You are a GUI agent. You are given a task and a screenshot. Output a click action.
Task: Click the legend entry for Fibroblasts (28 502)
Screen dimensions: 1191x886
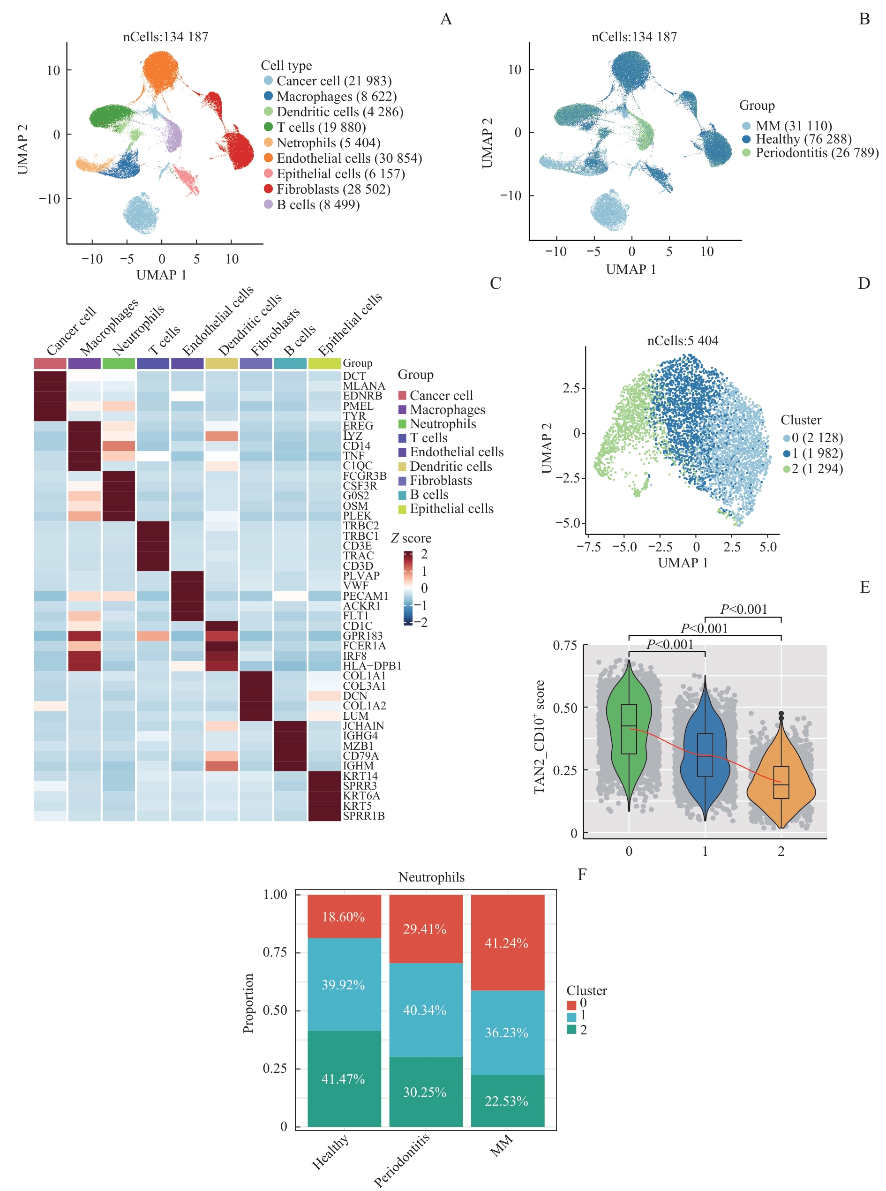pos(333,189)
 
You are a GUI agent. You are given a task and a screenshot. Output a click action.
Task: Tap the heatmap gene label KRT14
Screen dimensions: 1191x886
pos(360,776)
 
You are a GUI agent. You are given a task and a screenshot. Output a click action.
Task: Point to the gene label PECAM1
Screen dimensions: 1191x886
pos(365,595)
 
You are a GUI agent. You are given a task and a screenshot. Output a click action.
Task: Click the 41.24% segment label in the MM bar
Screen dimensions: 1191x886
pos(506,942)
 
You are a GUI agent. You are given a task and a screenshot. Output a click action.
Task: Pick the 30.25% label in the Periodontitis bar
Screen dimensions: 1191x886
pos(425,1092)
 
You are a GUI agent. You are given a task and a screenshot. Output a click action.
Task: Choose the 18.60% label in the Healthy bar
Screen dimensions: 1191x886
pos(343,916)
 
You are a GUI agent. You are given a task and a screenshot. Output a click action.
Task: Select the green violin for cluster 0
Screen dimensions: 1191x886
pos(629,730)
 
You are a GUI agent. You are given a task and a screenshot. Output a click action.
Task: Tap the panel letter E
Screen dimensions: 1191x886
pos(864,588)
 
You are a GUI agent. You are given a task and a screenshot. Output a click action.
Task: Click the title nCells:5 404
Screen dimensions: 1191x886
pos(682,341)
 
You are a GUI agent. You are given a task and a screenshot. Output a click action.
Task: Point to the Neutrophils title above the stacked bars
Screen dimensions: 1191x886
pos(431,877)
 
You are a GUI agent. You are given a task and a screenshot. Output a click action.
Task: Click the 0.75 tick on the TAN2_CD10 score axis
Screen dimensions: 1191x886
pos(565,645)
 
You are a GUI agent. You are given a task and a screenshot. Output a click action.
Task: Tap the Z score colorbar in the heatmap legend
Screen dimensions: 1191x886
pos(409,588)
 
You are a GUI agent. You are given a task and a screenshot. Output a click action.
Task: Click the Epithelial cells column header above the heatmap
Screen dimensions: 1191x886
pos(350,324)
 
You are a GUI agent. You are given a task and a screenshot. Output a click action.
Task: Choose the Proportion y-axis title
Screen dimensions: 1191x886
pos(248,1003)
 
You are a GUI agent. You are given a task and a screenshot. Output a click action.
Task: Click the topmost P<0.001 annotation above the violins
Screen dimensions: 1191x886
pos(743,610)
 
